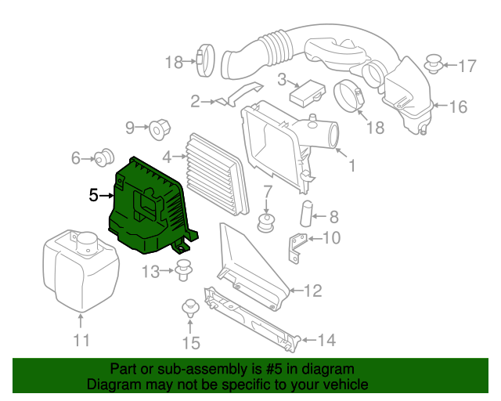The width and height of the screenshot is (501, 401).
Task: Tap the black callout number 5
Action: (94, 195)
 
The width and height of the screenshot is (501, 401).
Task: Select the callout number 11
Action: (81, 341)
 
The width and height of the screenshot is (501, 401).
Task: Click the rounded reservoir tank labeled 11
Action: (78, 266)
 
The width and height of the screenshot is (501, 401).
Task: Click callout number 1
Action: (351, 165)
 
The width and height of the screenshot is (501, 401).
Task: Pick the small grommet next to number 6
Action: (103, 159)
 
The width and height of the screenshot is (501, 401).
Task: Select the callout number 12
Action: (312, 292)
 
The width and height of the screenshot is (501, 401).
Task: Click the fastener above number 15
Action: (189, 307)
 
